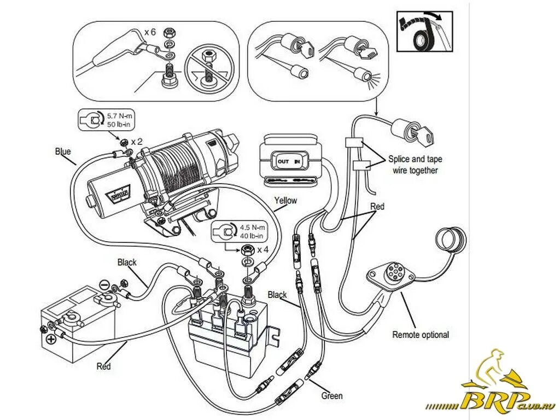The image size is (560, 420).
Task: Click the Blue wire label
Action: (x=63, y=152)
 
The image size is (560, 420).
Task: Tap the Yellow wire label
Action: (x=285, y=201)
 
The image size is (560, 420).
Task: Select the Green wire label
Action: (x=332, y=396)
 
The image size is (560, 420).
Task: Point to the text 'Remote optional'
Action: (x=420, y=335)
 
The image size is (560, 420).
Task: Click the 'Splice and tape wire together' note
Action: (x=415, y=165)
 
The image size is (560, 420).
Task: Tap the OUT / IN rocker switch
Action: (x=288, y=162)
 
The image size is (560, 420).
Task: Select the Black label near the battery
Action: (x=127, y=262)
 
